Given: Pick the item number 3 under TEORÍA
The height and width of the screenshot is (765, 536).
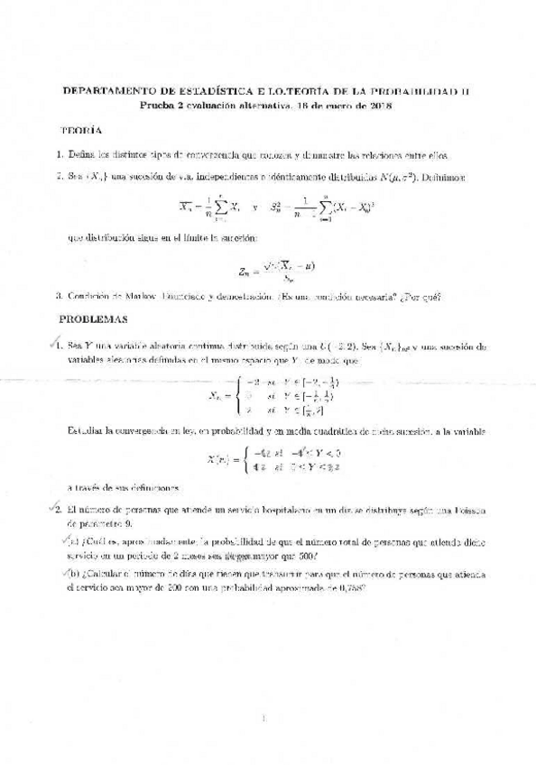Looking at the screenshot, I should coord(58,295).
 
